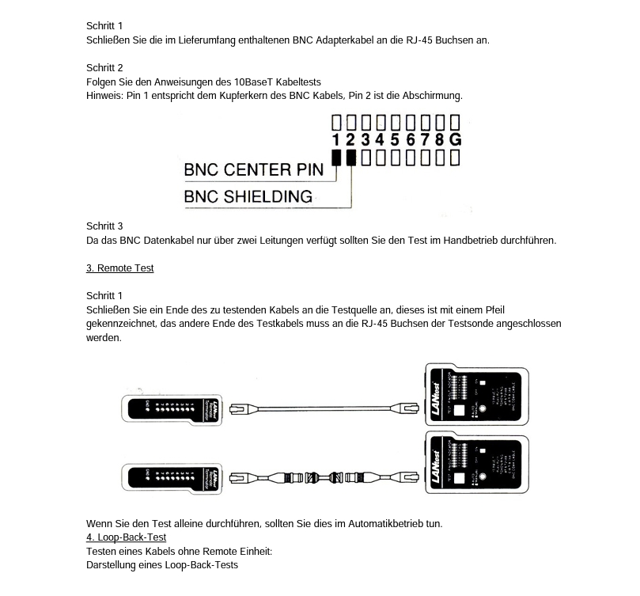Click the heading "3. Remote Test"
(119, 268)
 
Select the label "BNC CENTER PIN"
(253, 169)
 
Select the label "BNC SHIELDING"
(248, 196)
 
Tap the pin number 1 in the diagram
(336, 140)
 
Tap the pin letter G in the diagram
(455, 140)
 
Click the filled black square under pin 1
(336, 158)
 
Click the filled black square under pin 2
(350, 158)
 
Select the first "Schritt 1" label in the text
(104, 26)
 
